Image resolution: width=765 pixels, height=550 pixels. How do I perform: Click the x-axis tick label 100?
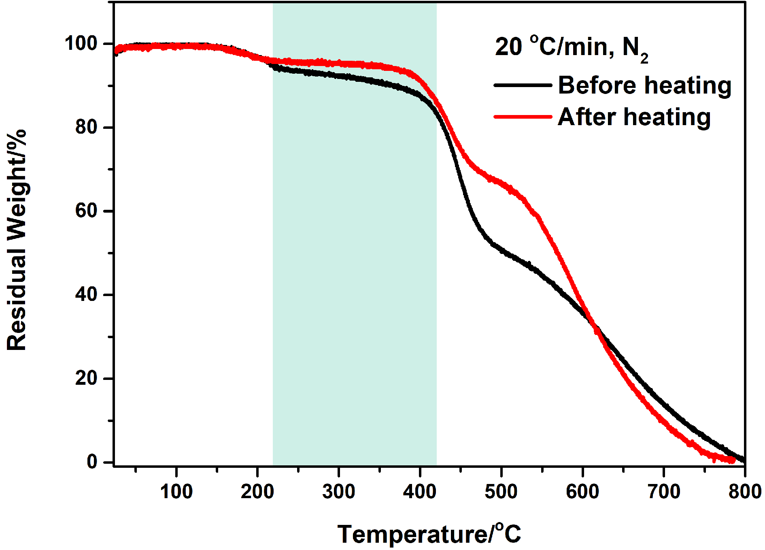coord(176,492)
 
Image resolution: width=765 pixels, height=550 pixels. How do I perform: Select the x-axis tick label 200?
coord(257,492)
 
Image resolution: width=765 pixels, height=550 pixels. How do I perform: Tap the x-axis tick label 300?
coord(339,492)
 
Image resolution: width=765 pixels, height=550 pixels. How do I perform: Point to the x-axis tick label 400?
coord(420,492)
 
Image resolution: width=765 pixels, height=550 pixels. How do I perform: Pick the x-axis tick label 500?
coord(501,492)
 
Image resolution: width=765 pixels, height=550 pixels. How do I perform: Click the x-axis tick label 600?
coord(582,492)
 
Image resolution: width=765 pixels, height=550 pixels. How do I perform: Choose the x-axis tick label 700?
coord(664,492)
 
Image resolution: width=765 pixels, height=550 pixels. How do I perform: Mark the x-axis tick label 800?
coord(745,492)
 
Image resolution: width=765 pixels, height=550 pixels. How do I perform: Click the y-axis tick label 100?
coord(81,43)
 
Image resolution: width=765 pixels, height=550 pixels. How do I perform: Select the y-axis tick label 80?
coord(87,127)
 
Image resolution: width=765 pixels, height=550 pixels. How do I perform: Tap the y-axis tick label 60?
coord(87,211)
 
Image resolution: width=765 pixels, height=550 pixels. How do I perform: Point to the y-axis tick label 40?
coord(87,294)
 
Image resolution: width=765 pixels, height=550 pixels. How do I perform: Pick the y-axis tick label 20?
coord(87,378)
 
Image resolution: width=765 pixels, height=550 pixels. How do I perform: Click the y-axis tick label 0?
coord(92,462)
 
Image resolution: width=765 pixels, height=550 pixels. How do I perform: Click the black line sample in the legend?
coord(523,85)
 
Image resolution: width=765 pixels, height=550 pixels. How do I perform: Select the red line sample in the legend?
coord(523,117)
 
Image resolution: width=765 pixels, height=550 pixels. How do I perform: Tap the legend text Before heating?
coord(645,85)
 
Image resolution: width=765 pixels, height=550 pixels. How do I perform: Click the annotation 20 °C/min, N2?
coord(571,48)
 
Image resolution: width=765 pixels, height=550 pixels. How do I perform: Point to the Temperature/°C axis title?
coord(429,534)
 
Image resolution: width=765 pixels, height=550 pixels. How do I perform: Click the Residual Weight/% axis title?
coord(17,240)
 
